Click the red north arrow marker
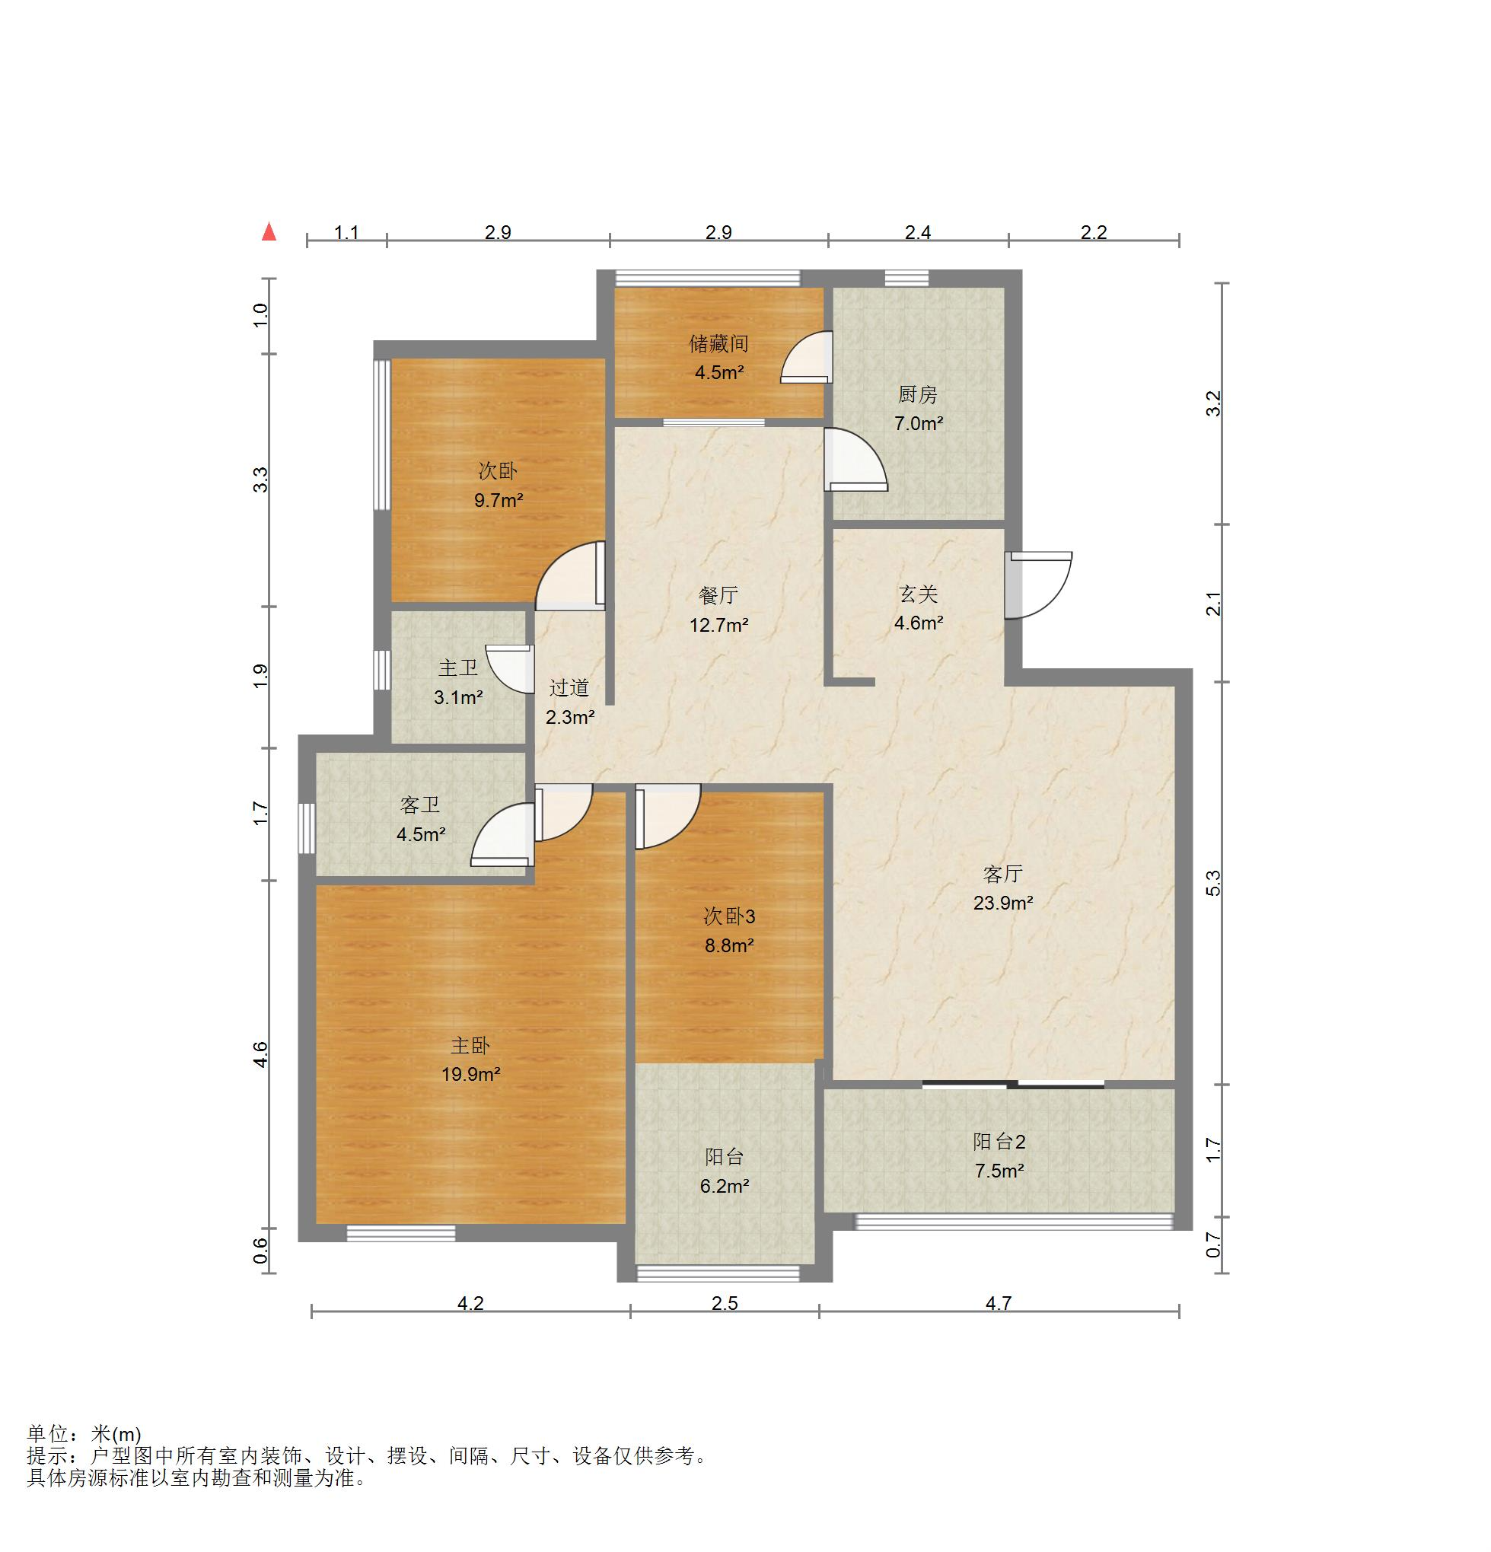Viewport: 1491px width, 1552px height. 269,231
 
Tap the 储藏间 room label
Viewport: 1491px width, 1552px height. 718,343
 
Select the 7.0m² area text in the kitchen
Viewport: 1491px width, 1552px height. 919,424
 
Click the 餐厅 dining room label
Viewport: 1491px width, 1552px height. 718,595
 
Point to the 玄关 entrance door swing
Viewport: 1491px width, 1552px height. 1039,585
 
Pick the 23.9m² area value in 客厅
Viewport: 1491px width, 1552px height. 1002,903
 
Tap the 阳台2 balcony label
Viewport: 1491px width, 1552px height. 999,1141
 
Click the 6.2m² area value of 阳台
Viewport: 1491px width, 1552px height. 725,1185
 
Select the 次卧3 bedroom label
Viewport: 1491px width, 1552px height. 729,916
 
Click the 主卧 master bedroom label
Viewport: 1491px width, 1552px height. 470,1045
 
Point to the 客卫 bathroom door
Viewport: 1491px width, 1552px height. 502,834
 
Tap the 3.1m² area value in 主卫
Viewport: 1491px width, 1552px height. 457,698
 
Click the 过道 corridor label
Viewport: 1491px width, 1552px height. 569,687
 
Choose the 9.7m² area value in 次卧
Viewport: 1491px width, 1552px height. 498,500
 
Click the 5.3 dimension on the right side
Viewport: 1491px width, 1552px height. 1213,883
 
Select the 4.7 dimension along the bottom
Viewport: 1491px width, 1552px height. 999,1302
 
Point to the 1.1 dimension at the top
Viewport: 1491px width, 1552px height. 347,232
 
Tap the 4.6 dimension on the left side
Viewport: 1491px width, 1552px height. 260,1055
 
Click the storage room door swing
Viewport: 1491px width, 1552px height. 806,357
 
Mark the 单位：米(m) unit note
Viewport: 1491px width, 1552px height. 84,1434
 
